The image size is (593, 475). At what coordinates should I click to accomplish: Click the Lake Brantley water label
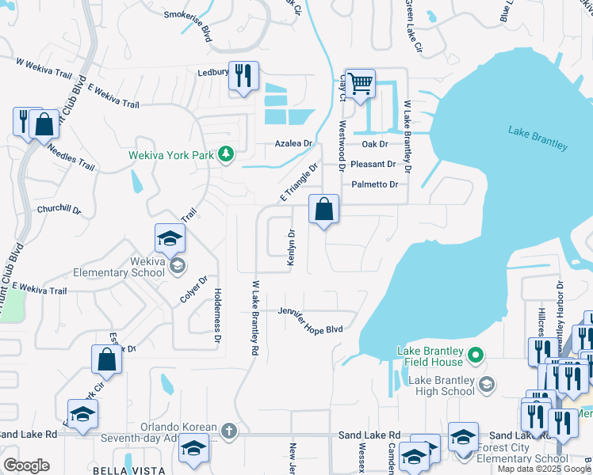tap(538, 138)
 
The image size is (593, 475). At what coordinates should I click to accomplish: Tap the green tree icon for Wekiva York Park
tap(227, 154)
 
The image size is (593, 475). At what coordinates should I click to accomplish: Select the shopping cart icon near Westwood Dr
tap(360, 83)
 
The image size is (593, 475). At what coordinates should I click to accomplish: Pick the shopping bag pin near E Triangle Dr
tap(323, 210)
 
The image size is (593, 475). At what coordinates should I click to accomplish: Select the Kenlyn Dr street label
tap(292, 248)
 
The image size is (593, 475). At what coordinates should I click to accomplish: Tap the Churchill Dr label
tap(59, 210)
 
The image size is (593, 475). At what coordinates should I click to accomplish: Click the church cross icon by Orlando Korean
tap(228, 431)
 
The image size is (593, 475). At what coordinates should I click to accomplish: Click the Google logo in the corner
tap(26, 465)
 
